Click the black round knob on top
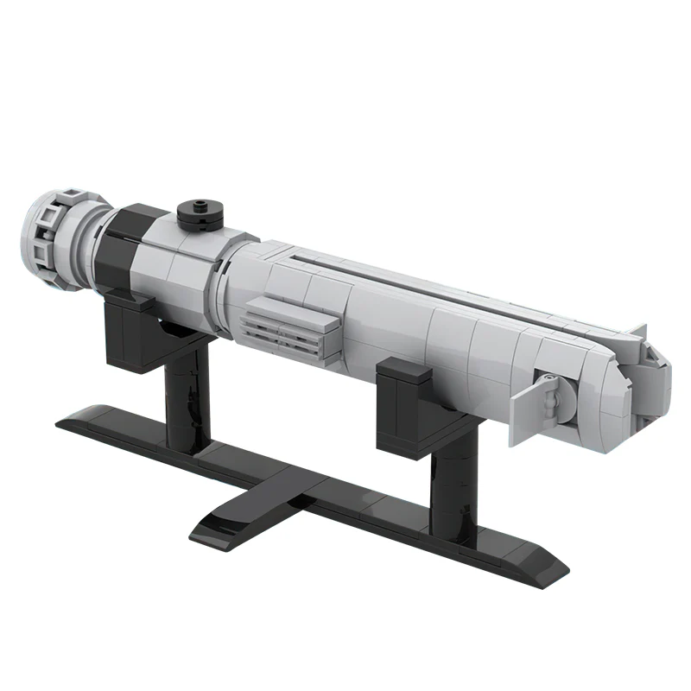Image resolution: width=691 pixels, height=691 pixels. (200, 214)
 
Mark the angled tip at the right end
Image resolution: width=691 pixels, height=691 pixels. (652, 380)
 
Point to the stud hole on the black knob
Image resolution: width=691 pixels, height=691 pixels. (200, 207)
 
